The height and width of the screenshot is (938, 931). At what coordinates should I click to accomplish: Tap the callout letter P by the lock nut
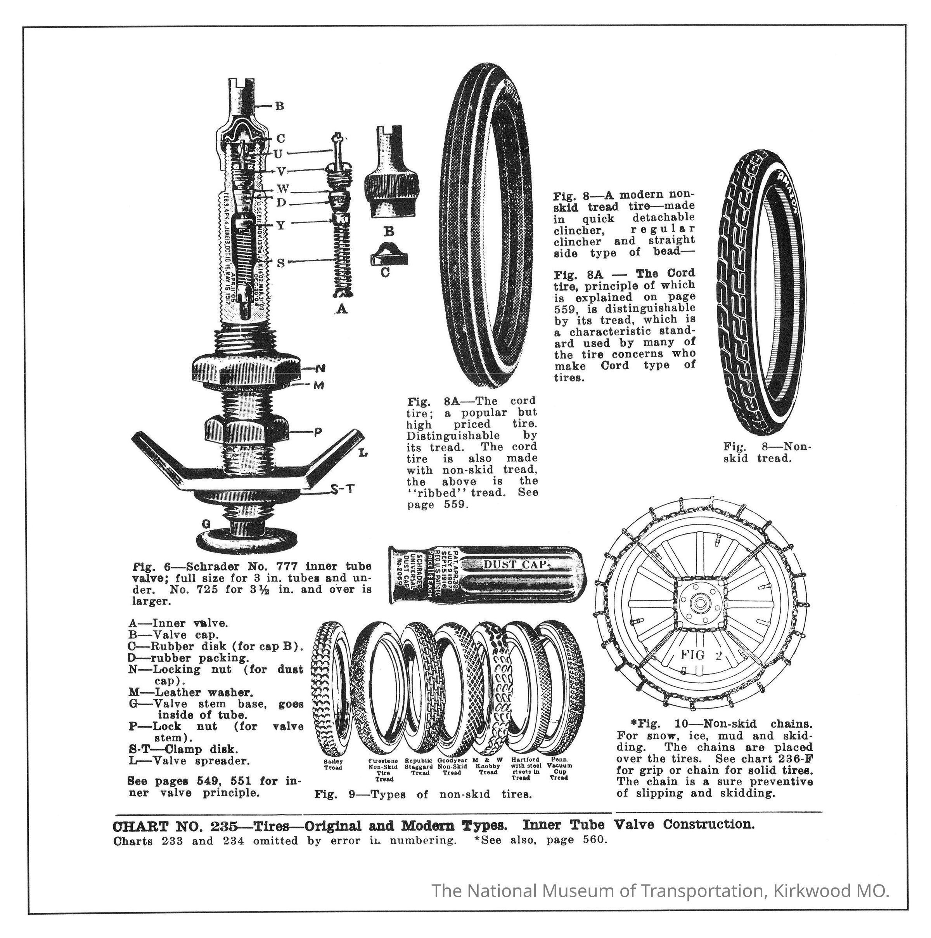(x=318, y=432)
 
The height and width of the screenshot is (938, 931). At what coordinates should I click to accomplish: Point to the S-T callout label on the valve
(x=343, y=490)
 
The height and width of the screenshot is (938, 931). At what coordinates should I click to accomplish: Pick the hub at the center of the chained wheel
(x=699, y=603)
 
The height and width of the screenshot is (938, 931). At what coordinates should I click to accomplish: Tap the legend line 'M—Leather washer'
(x=191, y=692)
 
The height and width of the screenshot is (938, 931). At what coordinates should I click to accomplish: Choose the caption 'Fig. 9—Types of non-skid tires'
(x=423, y=794)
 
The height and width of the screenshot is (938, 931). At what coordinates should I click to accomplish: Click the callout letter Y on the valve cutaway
(x=280, y=225)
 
